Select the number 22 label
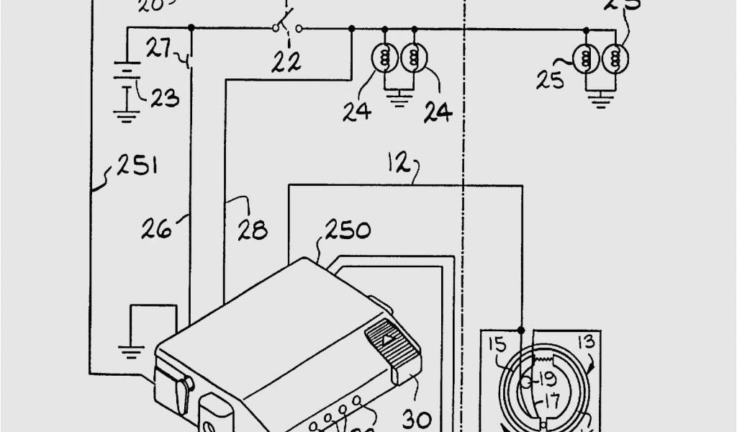[286, 64]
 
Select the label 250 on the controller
[348, 231]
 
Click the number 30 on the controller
[417, 418]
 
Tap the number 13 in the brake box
[587, 340]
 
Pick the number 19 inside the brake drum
[546, 379]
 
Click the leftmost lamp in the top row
[384, 55]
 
